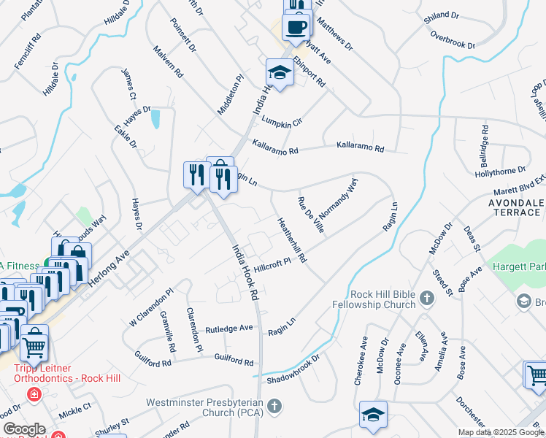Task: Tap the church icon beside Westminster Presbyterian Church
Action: click(x=274, y=405)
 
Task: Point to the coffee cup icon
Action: click(x=296, y=27)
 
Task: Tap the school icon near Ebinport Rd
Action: click(x=279, y=72)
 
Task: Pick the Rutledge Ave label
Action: click(x=228, y=328)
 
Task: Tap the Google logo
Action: click(x=24, y=429)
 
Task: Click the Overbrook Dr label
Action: click(x=453, y=39)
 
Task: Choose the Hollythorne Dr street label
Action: click(x=500, y=169)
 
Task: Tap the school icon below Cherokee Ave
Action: click(x=372, y=415)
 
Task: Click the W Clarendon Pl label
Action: click(x=151, y=310)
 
